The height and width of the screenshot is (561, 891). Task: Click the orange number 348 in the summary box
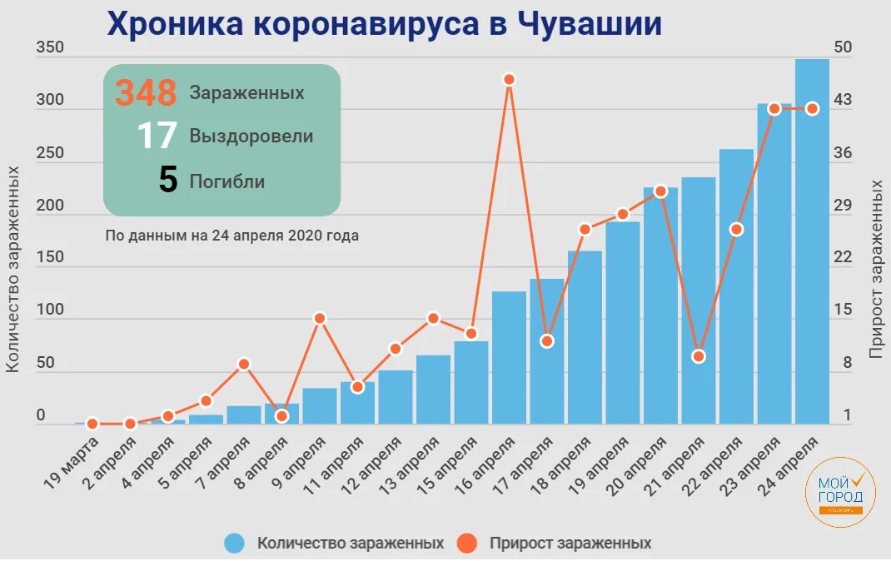pos(146,92)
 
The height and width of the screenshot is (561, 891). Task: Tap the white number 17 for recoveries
pos(157,136)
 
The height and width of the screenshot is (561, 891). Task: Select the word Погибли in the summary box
pos(226,181)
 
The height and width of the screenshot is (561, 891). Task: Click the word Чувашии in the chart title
pos(590,24)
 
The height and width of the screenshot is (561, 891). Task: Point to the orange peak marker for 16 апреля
pos(510,79)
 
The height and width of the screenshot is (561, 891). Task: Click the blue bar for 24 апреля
pos(812,241)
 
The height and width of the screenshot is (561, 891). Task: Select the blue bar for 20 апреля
pos(660,305)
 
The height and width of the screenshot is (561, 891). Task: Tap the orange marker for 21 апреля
pos(699,356)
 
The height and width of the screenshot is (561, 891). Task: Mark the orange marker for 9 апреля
pos(320,318)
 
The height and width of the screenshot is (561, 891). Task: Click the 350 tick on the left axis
pos(50,47)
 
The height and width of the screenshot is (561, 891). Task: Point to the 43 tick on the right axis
pos(843,100)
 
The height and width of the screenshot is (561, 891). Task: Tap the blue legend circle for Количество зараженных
pos(235,544)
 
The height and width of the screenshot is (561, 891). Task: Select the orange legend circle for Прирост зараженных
pos(467,544)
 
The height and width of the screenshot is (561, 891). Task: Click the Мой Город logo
pos(840,492)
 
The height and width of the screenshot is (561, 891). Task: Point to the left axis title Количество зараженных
pos(13,268)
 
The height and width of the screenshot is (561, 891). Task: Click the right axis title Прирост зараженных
pos(876,268)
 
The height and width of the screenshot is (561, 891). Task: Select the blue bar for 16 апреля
pos(509,357)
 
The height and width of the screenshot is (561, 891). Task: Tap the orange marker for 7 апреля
pos(244,364)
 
